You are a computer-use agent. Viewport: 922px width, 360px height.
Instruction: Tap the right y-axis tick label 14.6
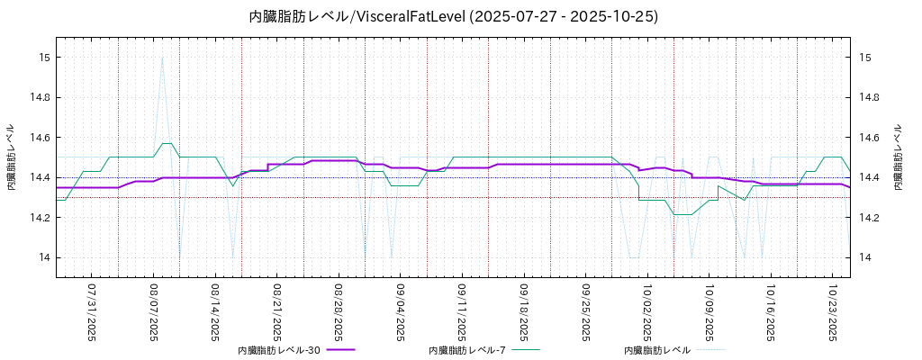871,138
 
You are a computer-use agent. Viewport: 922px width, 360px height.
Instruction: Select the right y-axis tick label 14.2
871,218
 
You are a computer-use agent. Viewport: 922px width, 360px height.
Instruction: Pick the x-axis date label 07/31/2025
92,313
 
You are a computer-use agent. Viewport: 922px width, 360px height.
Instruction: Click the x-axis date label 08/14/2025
215,313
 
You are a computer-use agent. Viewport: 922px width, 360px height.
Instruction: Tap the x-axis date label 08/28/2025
339,313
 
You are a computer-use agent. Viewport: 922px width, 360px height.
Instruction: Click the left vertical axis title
12,157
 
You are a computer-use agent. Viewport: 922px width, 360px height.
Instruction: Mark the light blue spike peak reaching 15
162,58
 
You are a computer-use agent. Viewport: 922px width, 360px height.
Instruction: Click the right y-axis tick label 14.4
871,177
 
